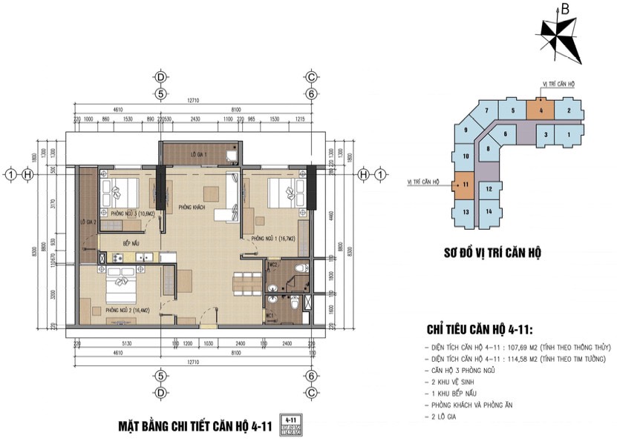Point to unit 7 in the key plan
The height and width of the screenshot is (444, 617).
pyautogui.click(x=486, y=111)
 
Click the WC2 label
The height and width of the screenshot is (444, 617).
pyautogui.click(x=273, y=264)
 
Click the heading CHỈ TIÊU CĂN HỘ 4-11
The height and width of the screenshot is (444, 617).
pyautogui.click(x=485, y=330)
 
